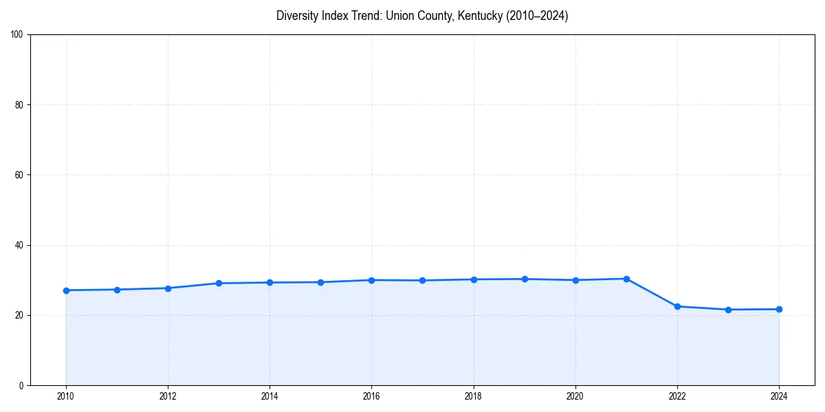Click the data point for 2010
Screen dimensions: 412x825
tap(66, 290)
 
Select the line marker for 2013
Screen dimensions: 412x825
tap(219, 283)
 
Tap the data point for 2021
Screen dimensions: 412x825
tap(626, 279)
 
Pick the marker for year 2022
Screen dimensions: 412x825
tap(677, 306)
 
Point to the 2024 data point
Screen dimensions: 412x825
tap(779, 309)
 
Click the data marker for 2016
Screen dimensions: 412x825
tap(371, 280)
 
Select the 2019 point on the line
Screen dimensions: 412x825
tap(525, 279)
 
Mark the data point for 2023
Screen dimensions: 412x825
tap(728, 310)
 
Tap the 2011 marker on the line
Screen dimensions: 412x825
tap(117, 290)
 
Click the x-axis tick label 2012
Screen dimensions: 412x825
tap(168, 396)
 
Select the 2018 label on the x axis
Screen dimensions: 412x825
tap(473, 396)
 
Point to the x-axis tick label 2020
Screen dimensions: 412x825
tap(575, 396)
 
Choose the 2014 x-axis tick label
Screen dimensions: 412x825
tap(269, 396)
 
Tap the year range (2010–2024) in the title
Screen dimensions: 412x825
tap(538, 16)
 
